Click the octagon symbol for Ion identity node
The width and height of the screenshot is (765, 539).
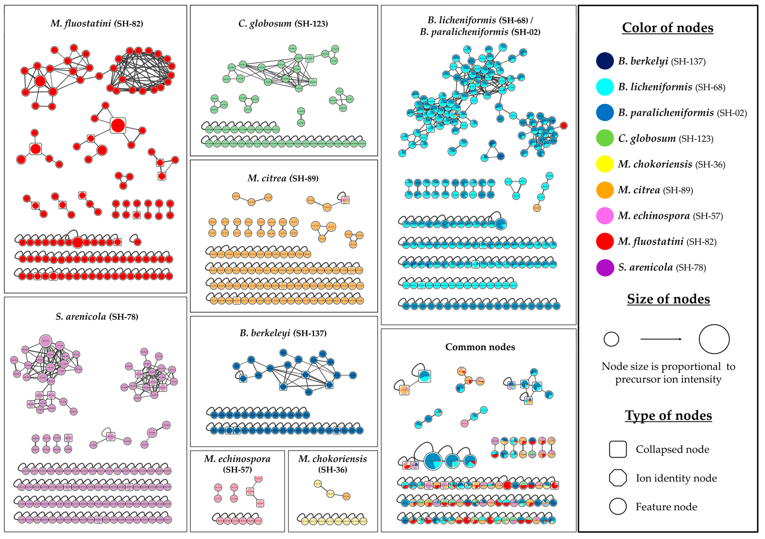(x=618, y=478)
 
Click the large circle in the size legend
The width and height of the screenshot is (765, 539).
(x=714, y=339)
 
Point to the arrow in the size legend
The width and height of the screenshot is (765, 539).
(x=661, y=339)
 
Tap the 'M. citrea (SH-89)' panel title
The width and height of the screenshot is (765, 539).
(x=283, y=178)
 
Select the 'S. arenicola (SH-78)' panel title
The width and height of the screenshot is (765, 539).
(x=97, y=316)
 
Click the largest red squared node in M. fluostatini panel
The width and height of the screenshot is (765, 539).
(x=118, y=126)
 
